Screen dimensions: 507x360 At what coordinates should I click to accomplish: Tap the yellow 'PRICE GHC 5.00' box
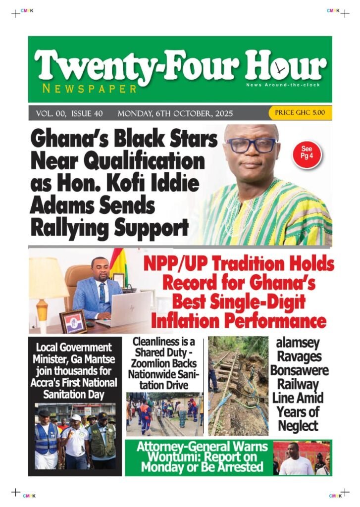pos(300,113)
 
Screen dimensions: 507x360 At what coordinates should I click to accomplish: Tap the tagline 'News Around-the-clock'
pos(283,85)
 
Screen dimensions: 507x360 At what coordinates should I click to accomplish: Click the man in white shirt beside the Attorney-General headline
pos(294,459)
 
